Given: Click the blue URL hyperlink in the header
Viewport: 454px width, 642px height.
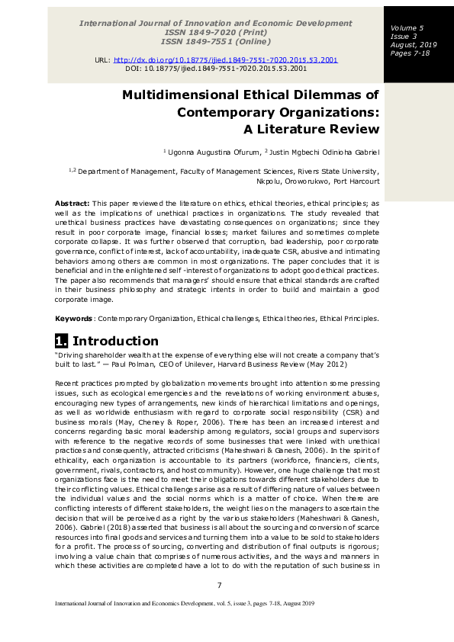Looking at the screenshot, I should click(226, 59).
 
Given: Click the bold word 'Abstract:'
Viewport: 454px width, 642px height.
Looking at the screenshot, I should click(72, 204).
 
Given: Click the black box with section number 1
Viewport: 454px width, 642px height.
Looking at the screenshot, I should click(61, 341).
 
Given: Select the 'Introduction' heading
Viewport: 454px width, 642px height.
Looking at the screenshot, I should click(115, 341).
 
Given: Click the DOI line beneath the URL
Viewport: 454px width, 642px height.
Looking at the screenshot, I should click(216, 68).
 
